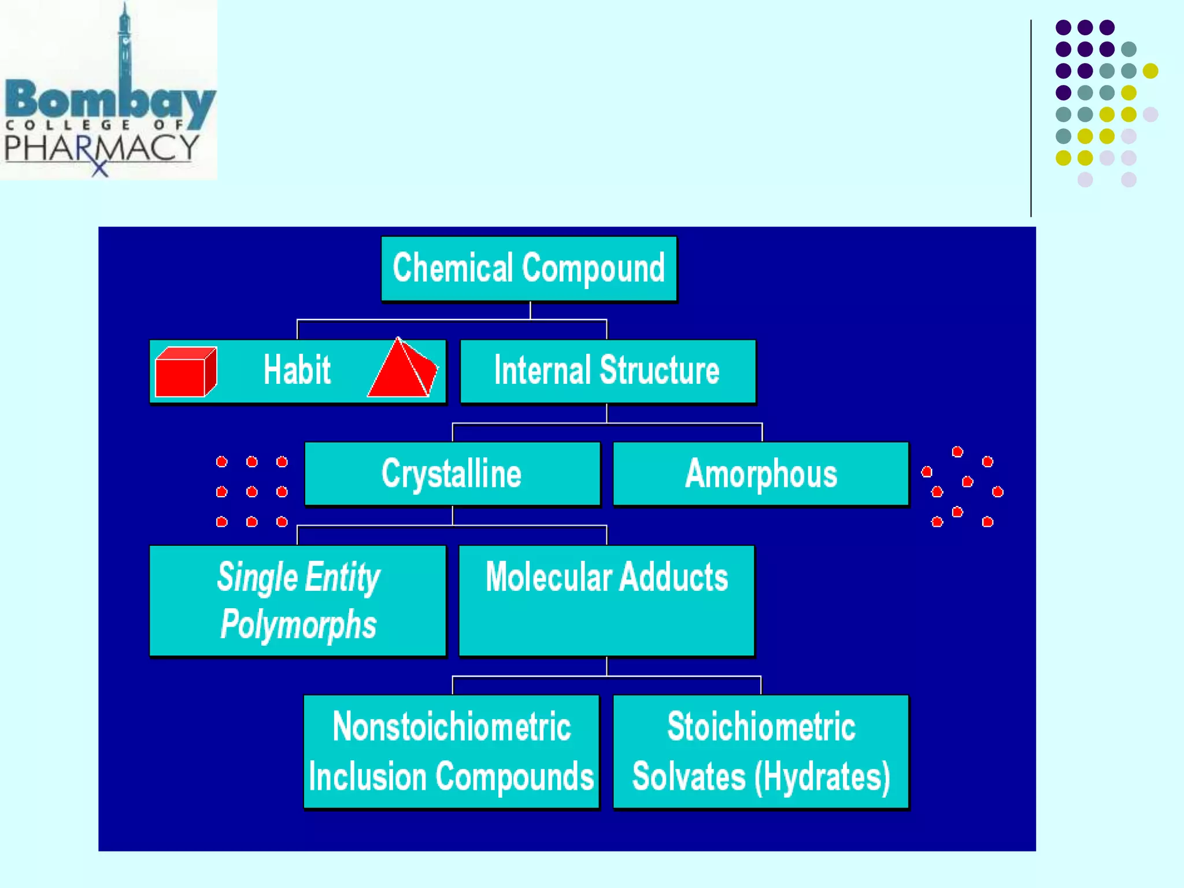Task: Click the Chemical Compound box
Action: (528, 268)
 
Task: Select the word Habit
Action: (297, 370)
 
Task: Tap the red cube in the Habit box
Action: (186, 372)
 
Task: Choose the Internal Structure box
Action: (607, 371)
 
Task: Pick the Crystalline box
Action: (452, 473)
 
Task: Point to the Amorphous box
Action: (761, 473)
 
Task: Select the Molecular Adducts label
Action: (606, 577)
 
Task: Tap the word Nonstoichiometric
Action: (452, 727)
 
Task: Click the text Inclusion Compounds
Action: (452, 776)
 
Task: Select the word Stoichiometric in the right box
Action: (761, 727)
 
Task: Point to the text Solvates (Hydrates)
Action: (761, 776)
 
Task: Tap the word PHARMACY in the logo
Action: (101, 148)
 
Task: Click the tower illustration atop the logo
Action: (124, 43)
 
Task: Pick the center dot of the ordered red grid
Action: (251, 491)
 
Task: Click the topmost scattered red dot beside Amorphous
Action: (957, 452)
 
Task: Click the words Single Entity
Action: (298, 577)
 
